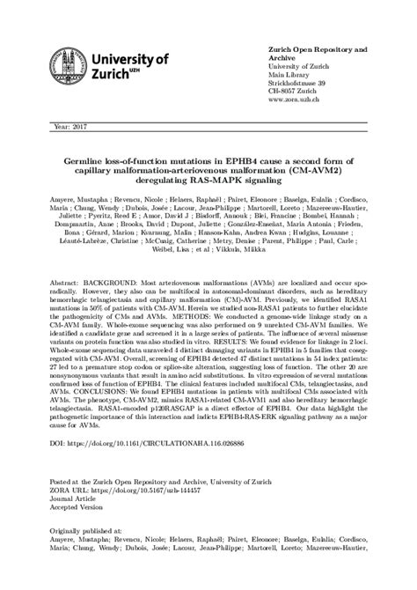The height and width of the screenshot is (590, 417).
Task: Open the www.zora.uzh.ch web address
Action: [x=291, y=100]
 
